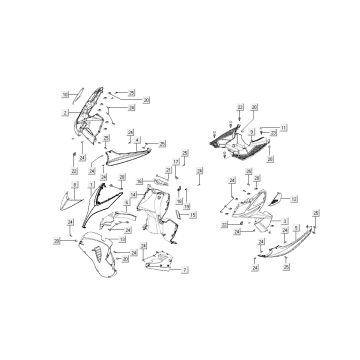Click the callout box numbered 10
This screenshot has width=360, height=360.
pos(64,94)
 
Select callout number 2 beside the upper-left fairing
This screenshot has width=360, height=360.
pos(65,113)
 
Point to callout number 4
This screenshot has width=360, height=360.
pos(137,140)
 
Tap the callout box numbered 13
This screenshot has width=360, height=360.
pos(122,239)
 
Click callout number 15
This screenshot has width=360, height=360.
pos(192,214)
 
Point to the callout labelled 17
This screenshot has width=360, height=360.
pos(176,161)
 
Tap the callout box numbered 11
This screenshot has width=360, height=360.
pos(284,127)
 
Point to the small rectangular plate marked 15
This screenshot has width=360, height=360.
pos(179,214)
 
